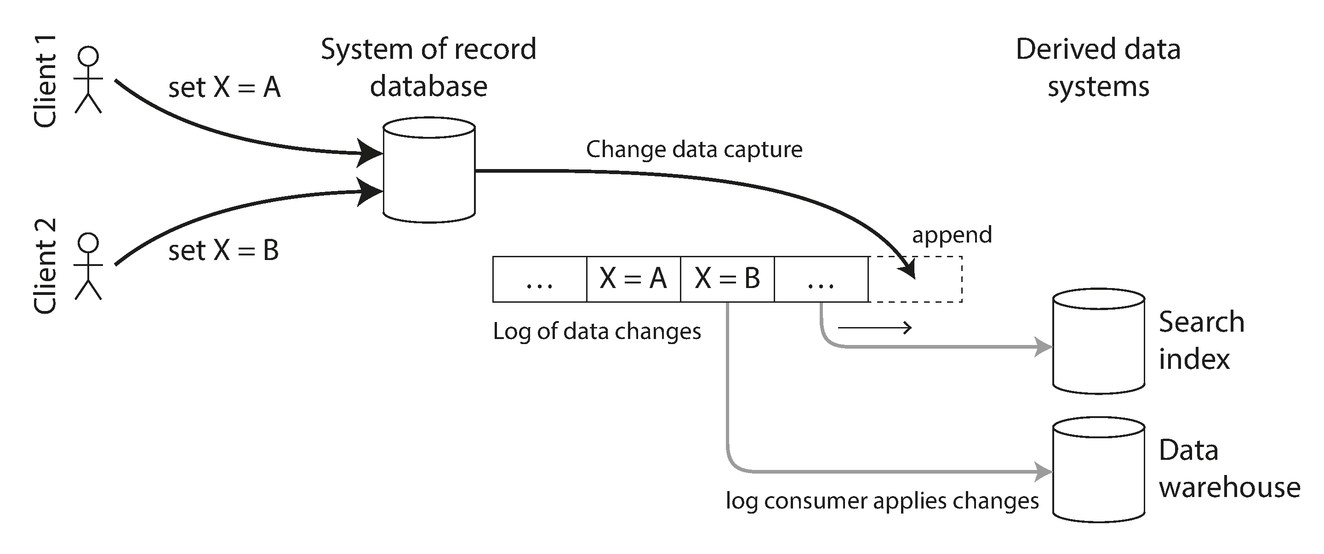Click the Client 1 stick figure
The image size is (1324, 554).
click(x=88, y=80)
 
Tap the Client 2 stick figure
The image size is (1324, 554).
click(x=88, y=266)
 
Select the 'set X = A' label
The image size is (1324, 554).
click(x=225, y=87)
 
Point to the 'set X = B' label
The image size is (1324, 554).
click(x=223, y=250)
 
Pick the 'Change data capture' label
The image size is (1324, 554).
click(x=694, y=149)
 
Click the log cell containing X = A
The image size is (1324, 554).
click(x=633, y=279)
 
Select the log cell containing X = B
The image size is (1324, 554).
click(x=727, y=279)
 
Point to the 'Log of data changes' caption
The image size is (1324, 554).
click(x=597, y=331)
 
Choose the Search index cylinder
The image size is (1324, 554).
click(x=1098, y=341)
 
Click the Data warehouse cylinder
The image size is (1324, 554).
click(x=1098, y=470)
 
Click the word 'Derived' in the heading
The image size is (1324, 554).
click(x=1066, y=49)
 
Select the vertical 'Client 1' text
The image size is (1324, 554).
click(x=45, y=81)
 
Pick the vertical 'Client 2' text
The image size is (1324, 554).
click(x=45, y=266)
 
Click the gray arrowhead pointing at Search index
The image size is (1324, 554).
click(x=1044, y=347)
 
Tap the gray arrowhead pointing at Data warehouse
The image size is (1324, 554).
click(x=1044, y=471)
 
